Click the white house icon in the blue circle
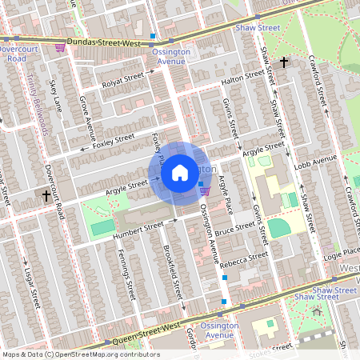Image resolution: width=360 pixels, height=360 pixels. [180, 172]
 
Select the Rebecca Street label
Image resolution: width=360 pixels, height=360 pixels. [248, 258]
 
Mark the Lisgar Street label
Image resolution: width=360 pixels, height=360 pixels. [32, 281]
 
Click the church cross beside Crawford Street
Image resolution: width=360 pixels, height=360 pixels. [284, 62]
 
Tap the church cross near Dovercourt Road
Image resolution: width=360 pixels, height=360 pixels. [46, 195]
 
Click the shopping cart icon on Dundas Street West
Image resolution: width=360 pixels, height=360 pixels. [61, 47]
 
